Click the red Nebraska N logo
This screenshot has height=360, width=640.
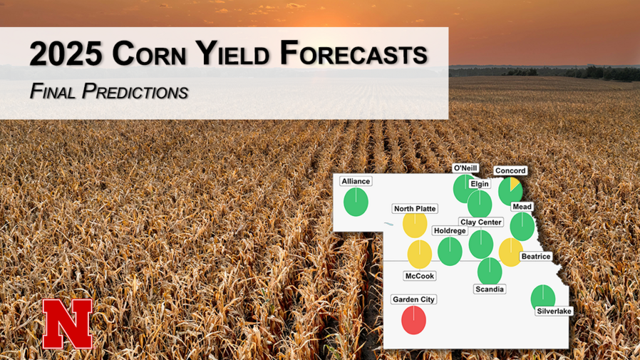click(x=67, y=324)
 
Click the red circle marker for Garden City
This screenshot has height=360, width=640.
click(x=413, y=319)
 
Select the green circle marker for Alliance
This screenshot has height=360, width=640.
click(x=356, y=202)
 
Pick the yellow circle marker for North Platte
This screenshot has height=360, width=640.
click(x=415, y=224)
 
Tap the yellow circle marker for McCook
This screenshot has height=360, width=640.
click(x=419, y=254)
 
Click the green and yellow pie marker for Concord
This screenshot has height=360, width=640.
click(x=510, y=190)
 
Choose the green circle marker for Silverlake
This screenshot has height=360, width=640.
click(x=543, y=297)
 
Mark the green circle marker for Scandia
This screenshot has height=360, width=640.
click(x=490, y=271)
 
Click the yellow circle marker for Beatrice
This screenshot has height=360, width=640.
click(x=511, y=252)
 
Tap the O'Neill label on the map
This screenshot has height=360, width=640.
click(x=465, y=168)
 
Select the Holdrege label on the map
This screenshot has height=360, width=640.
click(x=450, y=231)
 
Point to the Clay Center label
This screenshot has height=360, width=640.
click(x=480, y=222)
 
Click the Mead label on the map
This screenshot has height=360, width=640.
click(x=522, y=207)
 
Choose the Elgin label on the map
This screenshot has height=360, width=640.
click(x=480, y=184)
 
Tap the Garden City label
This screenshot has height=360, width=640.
click(x=413, y=299)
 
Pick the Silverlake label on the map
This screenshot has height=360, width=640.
click(x=554, y=311)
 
